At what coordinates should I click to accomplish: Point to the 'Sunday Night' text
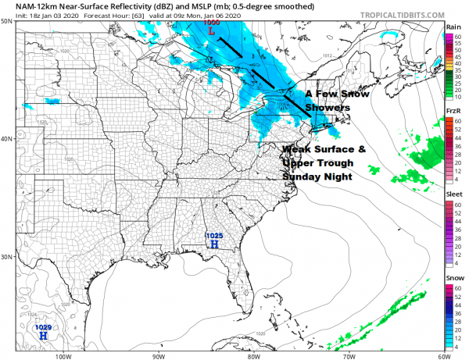pos(314,177)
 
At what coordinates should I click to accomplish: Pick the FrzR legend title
pos(453,112)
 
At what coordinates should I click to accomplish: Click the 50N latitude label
pos(7,21)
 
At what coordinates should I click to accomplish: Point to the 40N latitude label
pos(7,139)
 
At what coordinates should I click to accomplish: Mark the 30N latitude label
pos(7,257)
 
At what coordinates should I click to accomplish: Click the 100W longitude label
pos(64,355)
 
